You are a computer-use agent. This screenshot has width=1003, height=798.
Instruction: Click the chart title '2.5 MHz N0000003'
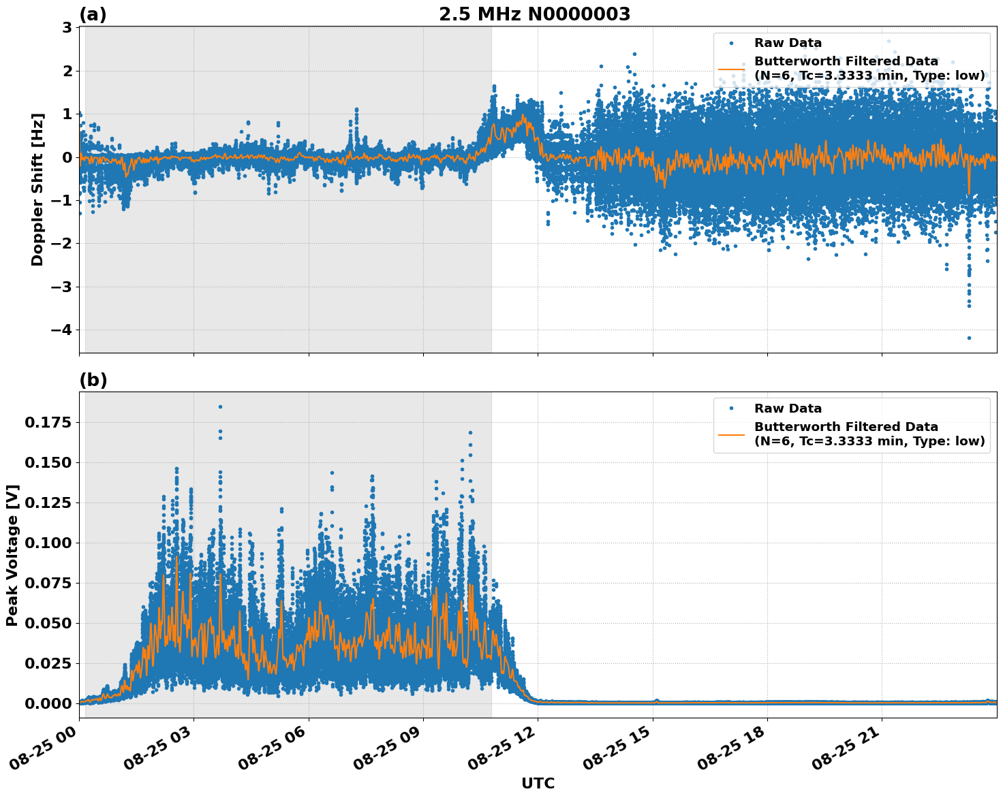(x=534, y=14)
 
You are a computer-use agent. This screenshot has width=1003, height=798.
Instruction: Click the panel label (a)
(x=93, y=14)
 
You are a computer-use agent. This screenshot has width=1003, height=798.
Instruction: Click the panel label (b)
(x=93, y=380)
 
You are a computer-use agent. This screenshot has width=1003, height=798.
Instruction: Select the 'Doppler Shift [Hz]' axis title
(x=37, y=189)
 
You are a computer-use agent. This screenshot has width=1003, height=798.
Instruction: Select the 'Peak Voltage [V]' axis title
(x=12, y=555)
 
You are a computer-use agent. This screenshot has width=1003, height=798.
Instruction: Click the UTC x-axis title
(x=538, y=783)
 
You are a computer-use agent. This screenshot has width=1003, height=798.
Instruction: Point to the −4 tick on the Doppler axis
(x=62, y=330)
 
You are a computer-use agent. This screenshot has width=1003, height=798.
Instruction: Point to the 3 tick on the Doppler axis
(x=67, y=28)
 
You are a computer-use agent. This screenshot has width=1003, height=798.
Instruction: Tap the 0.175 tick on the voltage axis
(x=48, y=423)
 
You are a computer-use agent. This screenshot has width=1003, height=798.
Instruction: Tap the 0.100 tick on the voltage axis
(x=48, y=543)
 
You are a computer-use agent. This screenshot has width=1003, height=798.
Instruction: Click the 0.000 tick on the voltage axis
(x=48, y=703)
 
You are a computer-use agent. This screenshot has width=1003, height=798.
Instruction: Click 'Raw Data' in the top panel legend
(x=788, y=43)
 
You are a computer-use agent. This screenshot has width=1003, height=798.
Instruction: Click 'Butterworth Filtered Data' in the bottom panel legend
(x=846, y=427)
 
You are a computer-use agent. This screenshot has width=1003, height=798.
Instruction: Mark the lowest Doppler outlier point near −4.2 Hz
(x=969, y=338)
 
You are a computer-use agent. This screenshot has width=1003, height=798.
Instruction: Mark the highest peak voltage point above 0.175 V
(x=220, y=406)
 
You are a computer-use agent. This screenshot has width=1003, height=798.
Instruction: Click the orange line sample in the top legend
(x=731, y=69)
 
